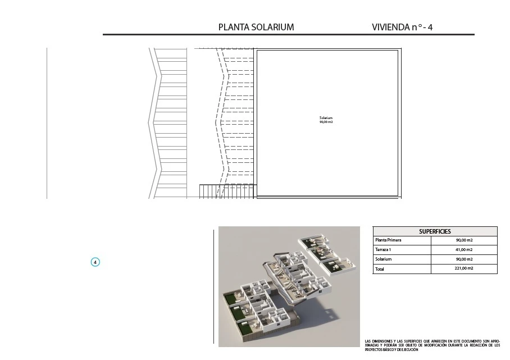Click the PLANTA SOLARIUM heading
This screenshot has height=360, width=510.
coord(256,27)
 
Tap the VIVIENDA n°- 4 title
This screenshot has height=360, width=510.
coord(402,27)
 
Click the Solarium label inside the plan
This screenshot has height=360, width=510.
coord(326,118)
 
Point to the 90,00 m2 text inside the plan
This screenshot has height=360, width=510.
coord(326,122)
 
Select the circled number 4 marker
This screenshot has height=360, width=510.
coord(95,262)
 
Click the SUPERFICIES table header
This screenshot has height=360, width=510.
coord(435,231)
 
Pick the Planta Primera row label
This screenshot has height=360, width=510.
coord(388,240)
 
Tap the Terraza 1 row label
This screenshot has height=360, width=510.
coord(383,250)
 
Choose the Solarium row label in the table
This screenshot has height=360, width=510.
coord(383,259)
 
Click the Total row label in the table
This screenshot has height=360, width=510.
coord(379,269)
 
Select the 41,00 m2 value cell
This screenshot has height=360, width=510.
coord(464,250)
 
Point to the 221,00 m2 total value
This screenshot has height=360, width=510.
coord(463,268)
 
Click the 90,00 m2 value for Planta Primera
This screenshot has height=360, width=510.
coord(464,240)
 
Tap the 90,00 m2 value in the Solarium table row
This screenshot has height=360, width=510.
coord(464,259)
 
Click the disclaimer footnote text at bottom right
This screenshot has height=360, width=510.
coord(432,345)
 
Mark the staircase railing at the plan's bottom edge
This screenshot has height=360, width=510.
coord(228,191)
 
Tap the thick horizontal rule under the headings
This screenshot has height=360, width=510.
coord(289,34)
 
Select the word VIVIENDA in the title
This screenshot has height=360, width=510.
coord(390,27)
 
